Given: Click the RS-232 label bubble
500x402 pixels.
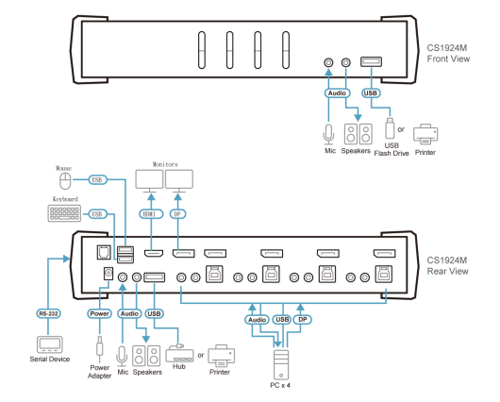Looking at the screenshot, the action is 48,313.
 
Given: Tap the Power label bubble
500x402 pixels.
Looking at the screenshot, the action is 99,313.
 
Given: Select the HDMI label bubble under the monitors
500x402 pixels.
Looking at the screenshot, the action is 151,214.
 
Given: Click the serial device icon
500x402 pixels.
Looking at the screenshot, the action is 49,344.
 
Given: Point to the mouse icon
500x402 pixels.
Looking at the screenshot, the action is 65,181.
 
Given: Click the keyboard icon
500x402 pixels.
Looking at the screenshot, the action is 64,213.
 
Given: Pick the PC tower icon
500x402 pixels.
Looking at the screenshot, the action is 281,364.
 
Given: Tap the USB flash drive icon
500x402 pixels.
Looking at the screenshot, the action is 390,128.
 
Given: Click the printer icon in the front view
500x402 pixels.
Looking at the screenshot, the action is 425,134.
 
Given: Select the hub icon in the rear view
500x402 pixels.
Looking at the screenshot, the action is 179,354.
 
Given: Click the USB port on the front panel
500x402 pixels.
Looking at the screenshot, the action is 371,61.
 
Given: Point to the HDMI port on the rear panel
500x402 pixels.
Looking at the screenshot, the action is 154,253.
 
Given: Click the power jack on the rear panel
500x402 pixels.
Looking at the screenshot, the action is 108,274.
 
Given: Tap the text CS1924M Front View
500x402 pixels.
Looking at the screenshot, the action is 448,53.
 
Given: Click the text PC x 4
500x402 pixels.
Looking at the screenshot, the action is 280,385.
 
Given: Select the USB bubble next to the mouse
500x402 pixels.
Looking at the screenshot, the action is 97,179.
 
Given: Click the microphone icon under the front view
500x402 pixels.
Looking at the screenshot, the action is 328,134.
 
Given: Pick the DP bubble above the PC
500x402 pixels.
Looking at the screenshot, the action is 302,319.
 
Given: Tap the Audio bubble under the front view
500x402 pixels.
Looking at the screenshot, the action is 337,92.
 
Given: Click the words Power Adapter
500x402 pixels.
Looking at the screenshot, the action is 99,372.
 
